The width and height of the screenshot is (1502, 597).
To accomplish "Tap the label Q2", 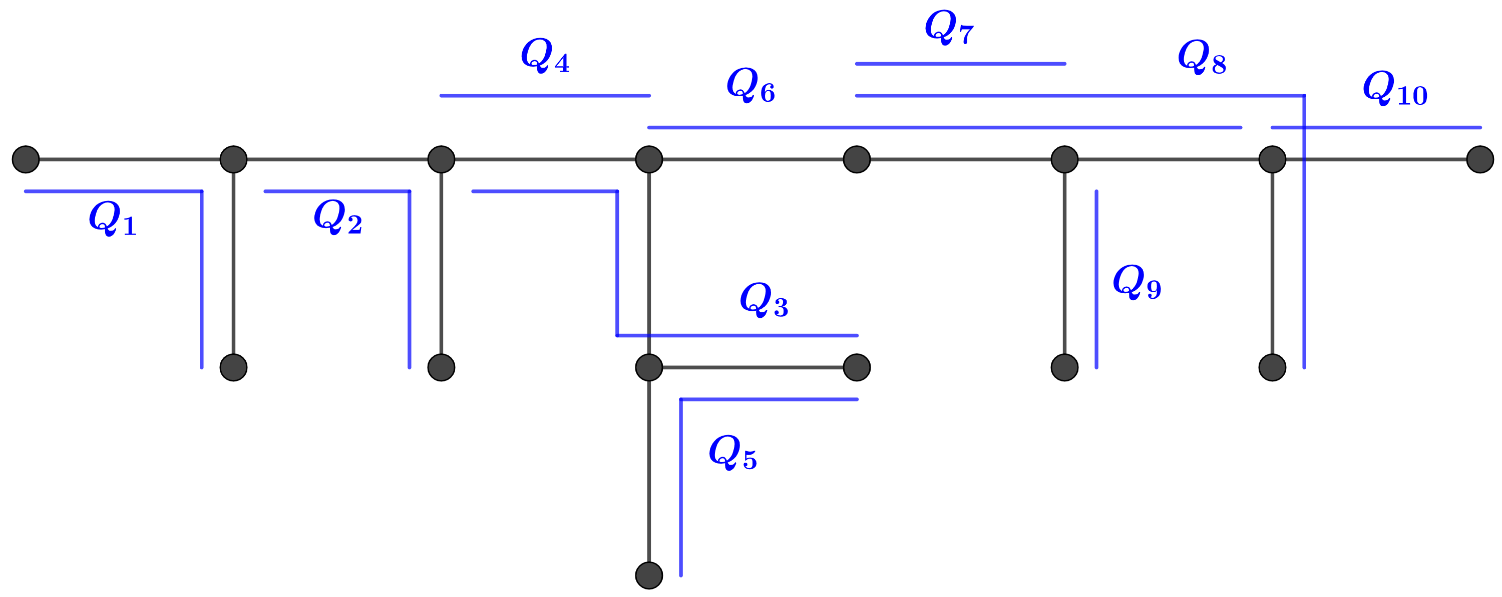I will (337, 217).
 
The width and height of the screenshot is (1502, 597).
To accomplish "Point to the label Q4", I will (545, 56).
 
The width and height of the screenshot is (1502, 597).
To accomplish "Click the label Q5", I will (732, 452).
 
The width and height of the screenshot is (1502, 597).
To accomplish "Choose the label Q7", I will (949, 28).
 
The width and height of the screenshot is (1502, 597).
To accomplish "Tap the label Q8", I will (1202, 57).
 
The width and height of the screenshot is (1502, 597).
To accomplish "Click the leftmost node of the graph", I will (26, 159).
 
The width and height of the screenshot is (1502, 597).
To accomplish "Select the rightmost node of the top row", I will (1480, 159).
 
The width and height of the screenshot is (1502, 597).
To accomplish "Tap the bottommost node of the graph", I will (649, 575).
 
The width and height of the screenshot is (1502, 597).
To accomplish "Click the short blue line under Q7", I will (960, 64).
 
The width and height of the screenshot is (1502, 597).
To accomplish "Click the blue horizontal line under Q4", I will (545, 96).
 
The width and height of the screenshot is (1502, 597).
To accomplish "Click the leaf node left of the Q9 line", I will (1065, 367).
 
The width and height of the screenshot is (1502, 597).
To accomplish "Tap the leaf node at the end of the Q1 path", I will (233, 367).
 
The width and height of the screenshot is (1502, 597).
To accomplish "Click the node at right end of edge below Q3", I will (857, 367).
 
